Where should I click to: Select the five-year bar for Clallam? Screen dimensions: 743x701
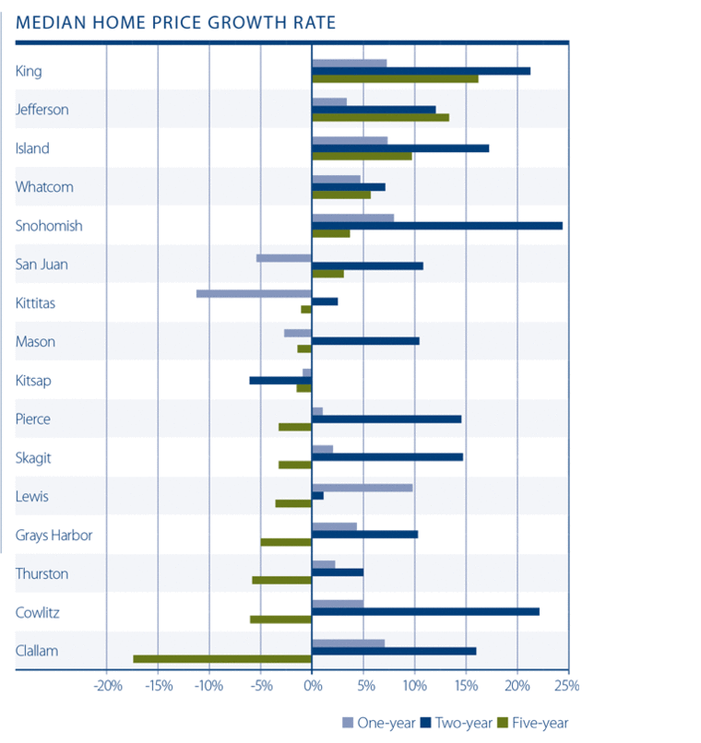coord(222,659)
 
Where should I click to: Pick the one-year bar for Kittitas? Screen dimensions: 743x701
coord(255,294)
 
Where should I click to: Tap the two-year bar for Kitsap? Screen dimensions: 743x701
coord(280,381)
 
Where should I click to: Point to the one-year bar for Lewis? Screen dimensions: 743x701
coord(362,488)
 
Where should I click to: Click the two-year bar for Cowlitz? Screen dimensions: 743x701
coord(425,611)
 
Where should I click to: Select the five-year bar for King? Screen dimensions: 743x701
coord(395,78)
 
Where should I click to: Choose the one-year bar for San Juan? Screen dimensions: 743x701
coord(284,258)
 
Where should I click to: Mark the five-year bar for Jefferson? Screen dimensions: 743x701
coord(380,117)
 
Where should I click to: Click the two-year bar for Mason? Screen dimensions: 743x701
coord(365,341)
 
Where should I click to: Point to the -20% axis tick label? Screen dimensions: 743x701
coord(107,686)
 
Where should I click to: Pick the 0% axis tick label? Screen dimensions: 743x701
coord(312,686)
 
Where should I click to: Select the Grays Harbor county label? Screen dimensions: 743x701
coord(53,535)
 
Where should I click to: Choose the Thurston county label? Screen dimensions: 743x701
coord(42,573)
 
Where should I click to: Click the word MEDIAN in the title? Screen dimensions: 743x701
coord(47,21)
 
